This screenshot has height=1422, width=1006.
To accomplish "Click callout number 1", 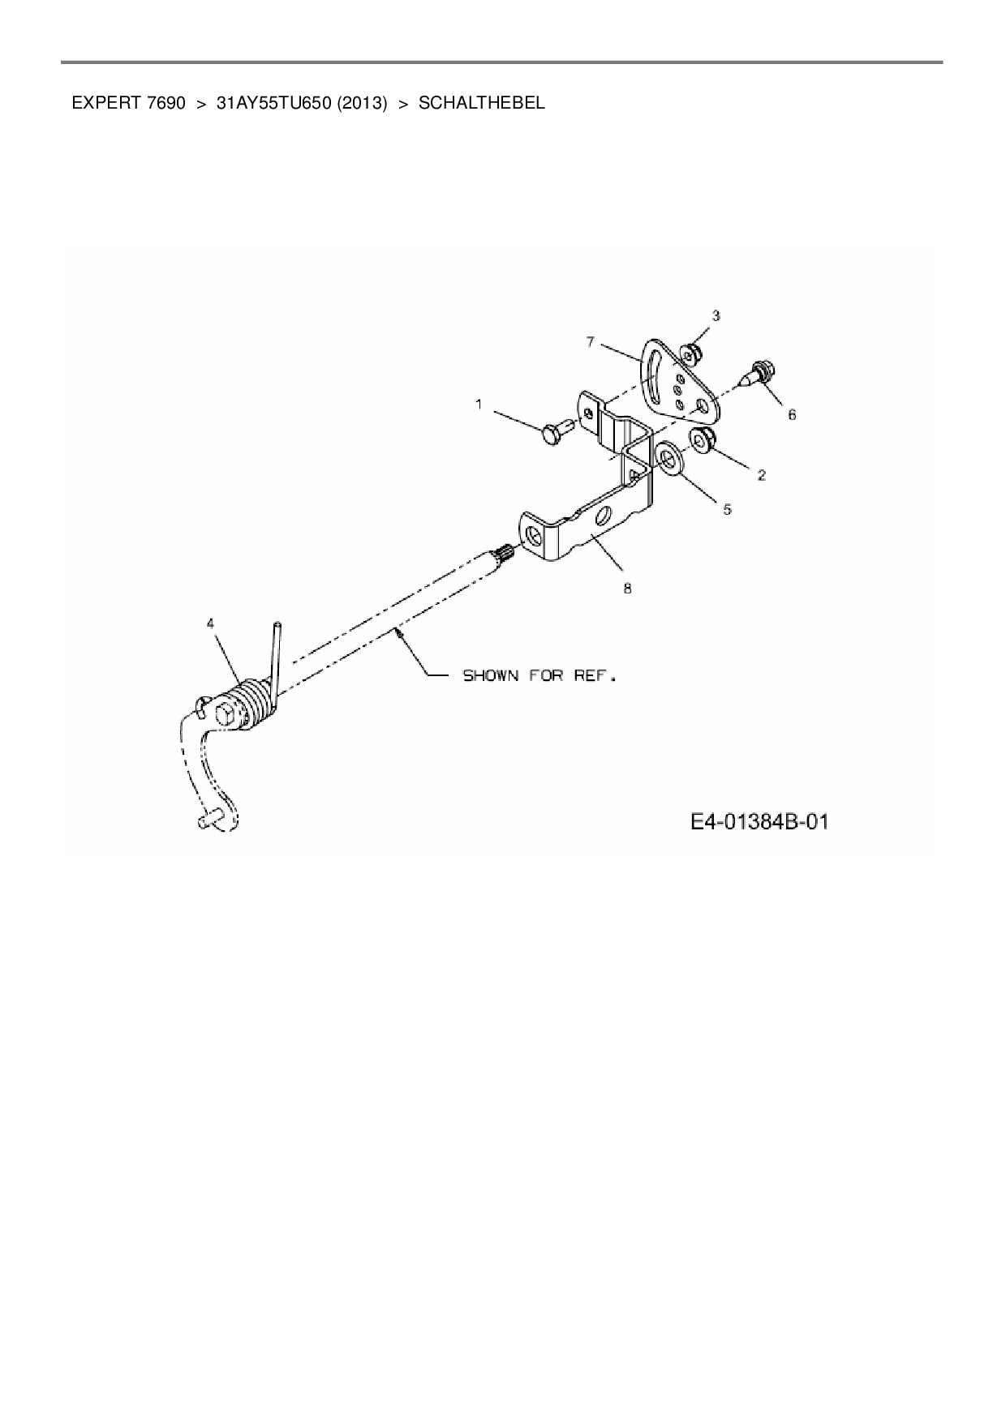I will [x=479, y=403].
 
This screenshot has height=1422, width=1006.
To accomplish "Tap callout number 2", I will [x=762, y=475].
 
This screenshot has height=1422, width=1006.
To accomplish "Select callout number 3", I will [x=716, y=315].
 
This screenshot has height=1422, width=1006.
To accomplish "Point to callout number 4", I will [x=211, y=623].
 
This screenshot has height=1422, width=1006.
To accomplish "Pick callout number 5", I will [x=728, y=509].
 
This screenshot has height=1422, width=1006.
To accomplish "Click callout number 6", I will [x=792, y=414].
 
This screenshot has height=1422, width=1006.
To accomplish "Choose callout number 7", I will [x=591, y=342].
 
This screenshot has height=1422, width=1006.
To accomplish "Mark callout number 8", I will [x=627, y=589].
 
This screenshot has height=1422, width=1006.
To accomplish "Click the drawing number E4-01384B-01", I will [x=759, y=822].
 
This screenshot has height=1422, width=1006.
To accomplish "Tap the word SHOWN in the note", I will [x=490, y=675].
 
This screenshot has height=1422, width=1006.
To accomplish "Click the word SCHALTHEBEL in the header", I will [x=482, y=103].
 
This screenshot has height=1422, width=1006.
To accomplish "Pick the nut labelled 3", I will [x=692, y=354].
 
